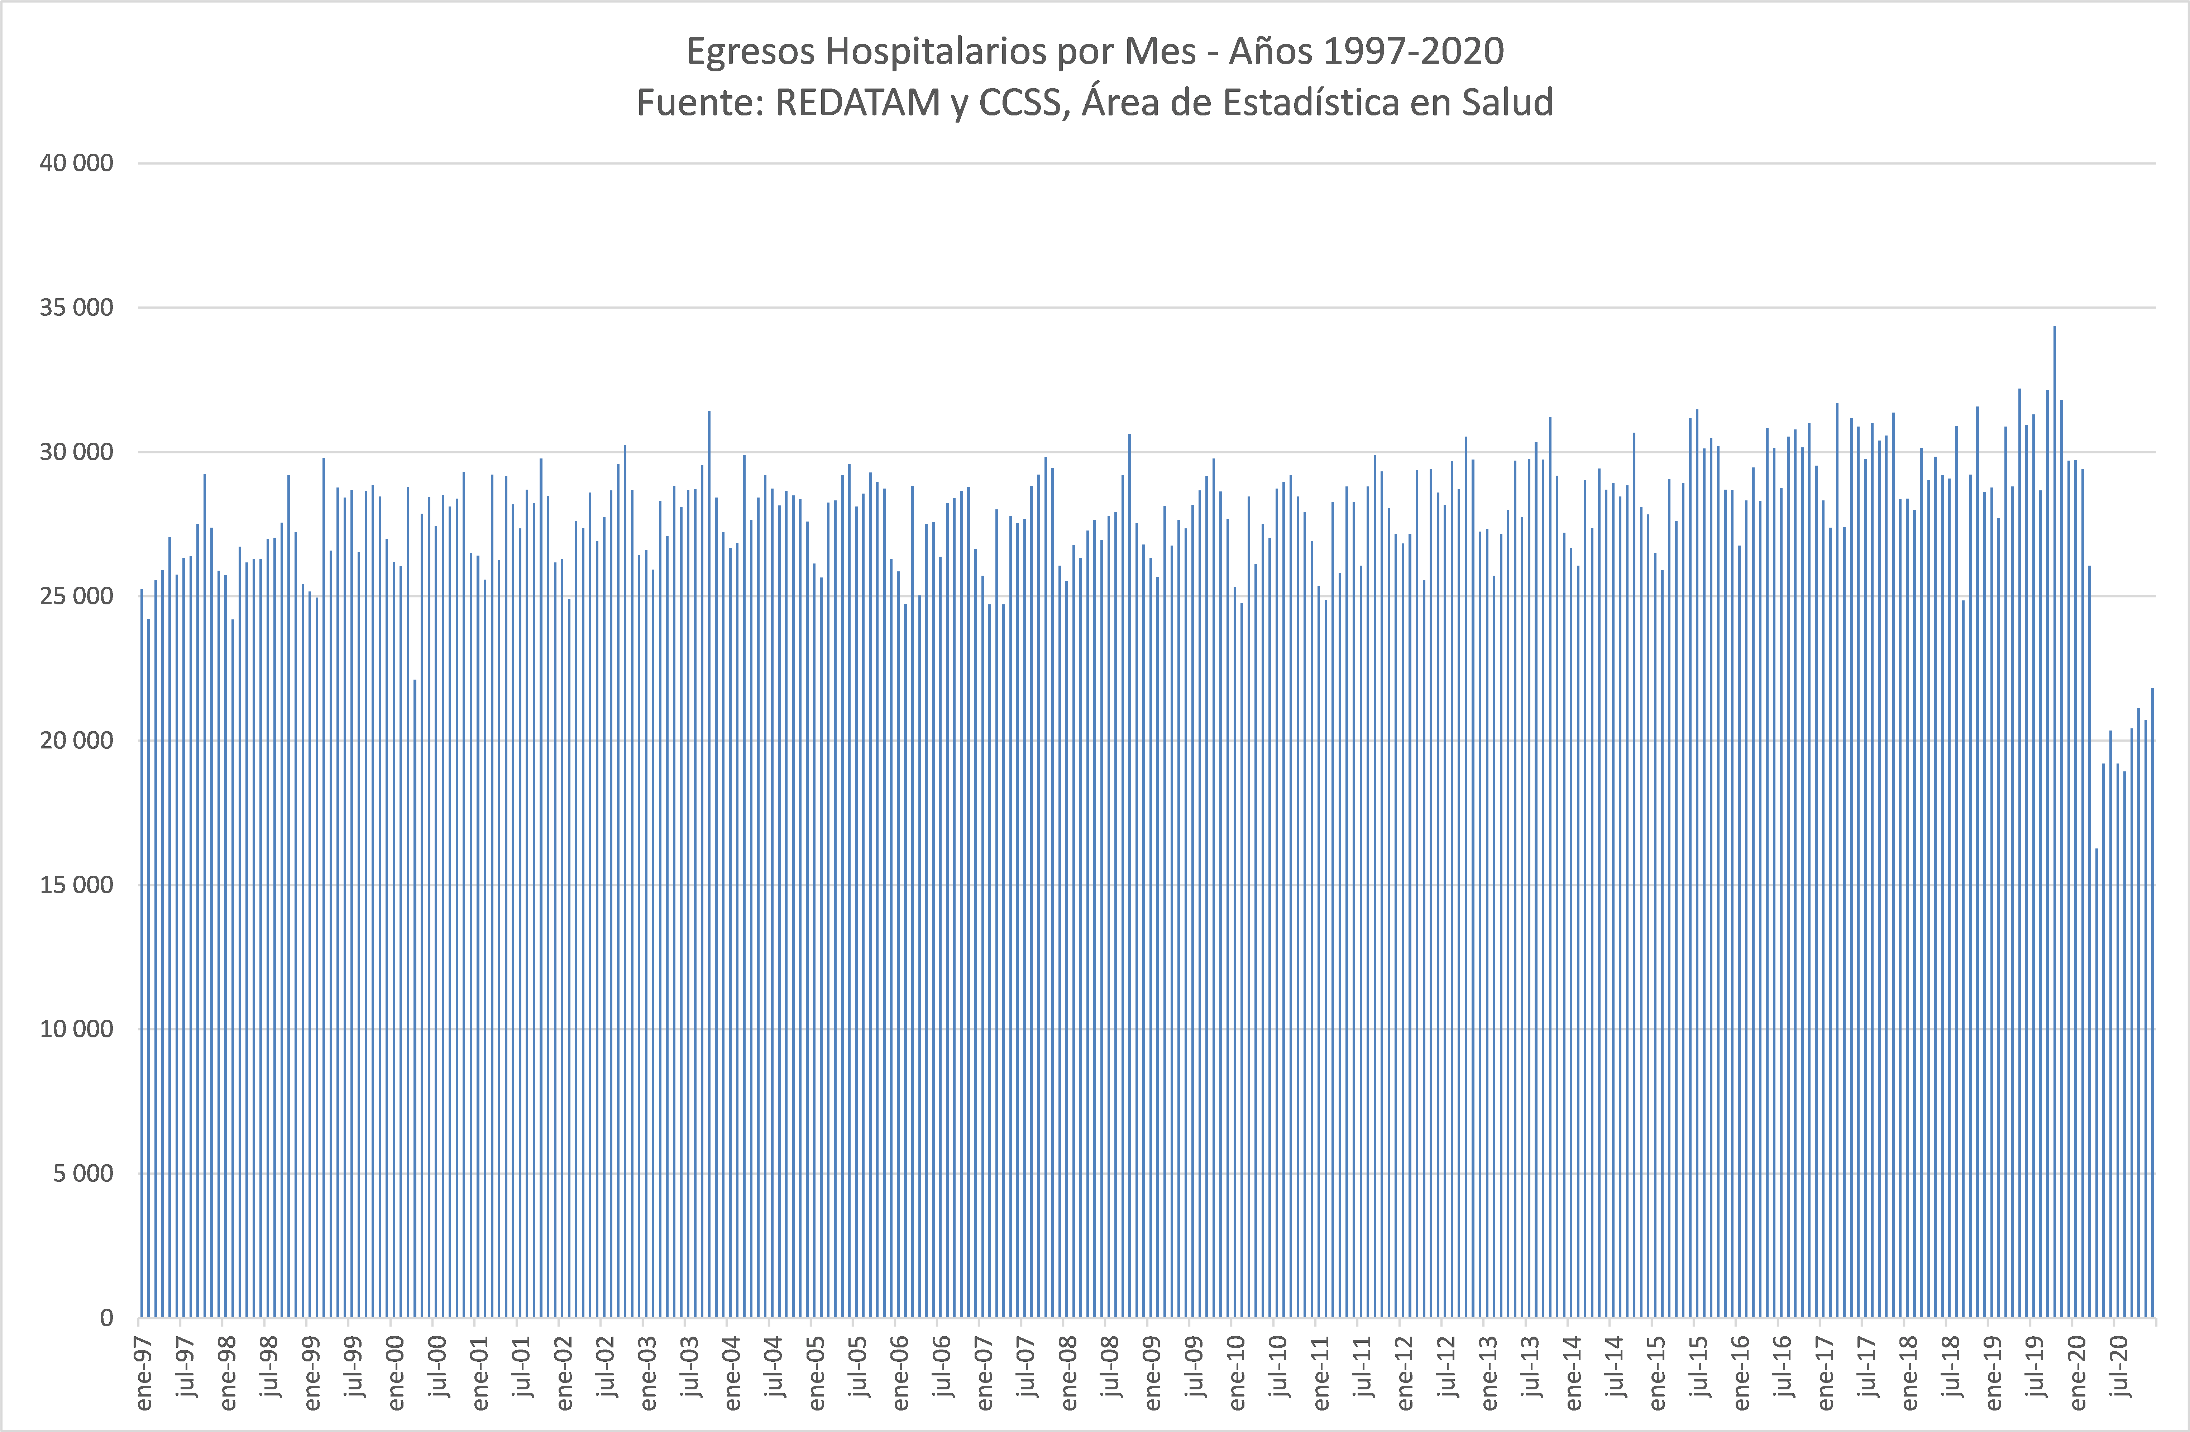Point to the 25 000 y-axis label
76,596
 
